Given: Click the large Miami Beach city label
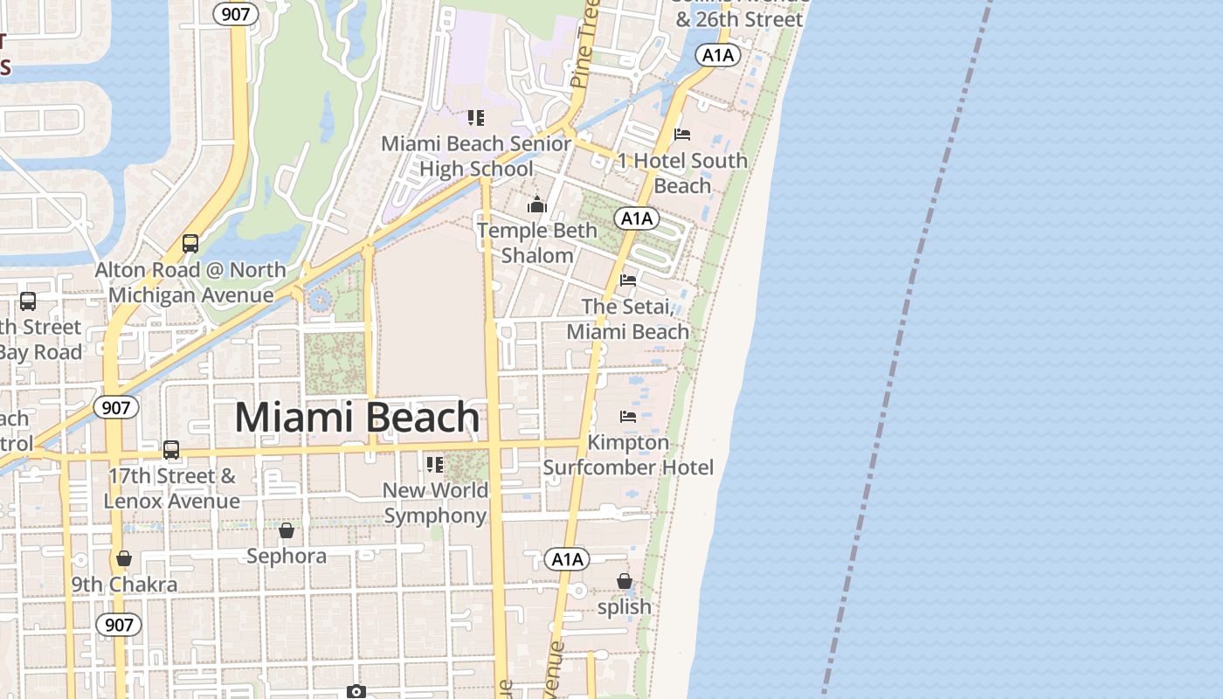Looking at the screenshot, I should pos(356,418).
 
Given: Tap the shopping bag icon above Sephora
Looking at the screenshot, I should pos(287,530).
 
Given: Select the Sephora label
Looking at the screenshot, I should pos(287,556).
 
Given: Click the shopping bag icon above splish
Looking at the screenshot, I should pos(624,581).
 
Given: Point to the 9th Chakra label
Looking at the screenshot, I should pos(124,585).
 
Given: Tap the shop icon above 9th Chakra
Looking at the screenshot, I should pos(124,559).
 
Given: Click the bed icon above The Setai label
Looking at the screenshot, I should pos(627,280).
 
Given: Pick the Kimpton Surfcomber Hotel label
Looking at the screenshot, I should pos(628,455).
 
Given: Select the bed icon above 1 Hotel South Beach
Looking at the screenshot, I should pos(682,135).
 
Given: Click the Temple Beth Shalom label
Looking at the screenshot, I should pos(537,243).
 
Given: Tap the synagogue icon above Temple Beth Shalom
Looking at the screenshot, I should pos(536,205).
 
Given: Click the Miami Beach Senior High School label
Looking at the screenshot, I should pos(476,156).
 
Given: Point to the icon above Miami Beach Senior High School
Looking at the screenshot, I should pos(475,118).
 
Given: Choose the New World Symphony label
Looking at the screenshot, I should pos(435,503).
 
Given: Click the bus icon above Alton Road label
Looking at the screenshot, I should pos(190,244).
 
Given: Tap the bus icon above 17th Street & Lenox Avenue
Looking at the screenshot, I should pos(171,450).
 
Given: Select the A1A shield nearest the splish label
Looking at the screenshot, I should pos(566,559).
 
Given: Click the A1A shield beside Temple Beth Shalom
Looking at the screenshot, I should pos(635,218).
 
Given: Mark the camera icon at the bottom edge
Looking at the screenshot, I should pos(356,692).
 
